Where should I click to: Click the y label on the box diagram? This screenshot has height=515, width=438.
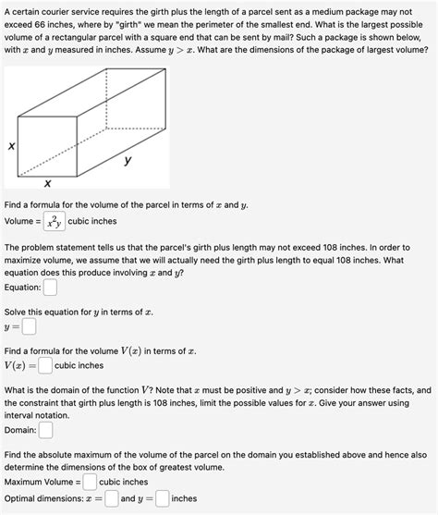(128, 160)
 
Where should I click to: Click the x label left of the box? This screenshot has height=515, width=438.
(12, 146)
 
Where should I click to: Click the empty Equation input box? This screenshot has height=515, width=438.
(50, 287)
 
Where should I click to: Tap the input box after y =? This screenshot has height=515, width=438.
(30, 326)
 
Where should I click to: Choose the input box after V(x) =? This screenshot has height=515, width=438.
(45, 366)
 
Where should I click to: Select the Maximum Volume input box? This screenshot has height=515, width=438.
(90, 482)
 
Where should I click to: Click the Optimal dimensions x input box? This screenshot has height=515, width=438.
(111, 499)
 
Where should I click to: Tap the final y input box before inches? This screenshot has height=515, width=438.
(162, 499)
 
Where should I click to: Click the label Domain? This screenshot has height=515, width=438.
(20, 430)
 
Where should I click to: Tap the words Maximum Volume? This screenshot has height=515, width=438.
(39, 482)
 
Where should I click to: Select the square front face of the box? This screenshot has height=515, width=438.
(48, 145)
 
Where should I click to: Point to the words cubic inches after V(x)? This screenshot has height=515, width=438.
(79, 366)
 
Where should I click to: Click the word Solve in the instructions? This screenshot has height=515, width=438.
(17, 313)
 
